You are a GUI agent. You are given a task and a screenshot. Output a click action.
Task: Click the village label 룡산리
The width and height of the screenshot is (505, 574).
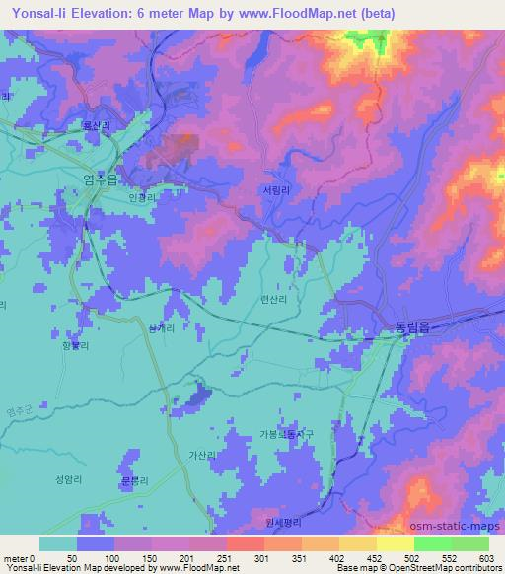coord(96,128)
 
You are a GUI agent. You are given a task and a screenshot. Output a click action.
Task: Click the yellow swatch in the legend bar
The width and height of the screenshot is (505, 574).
coord(395,543)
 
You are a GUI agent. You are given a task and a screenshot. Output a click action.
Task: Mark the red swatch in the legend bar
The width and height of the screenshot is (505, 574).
coord(244,543)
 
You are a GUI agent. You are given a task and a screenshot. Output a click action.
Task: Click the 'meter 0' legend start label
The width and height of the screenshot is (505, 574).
coord(17,558)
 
